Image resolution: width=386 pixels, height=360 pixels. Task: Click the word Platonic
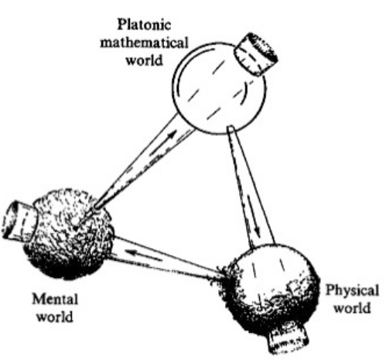point(144,25)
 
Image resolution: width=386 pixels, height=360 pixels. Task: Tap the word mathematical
point(144,43)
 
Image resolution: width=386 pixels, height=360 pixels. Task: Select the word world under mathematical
point(145,60)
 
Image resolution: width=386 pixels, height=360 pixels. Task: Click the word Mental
point(55,300)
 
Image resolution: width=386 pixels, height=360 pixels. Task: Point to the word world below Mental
point(55,317)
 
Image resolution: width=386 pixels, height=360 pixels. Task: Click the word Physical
point(353,291)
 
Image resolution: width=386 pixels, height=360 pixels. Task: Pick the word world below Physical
point(352,308)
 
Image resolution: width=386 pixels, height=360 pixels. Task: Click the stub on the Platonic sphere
point(256,54)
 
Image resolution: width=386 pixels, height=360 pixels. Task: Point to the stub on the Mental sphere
point(19,220)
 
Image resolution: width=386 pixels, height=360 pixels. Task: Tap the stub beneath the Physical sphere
point(289,339)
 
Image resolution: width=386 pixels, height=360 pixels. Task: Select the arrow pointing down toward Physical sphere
point(254,216)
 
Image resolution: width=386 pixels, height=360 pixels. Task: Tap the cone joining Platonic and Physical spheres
point(250,186)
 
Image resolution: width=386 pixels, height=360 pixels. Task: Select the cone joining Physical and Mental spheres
point(165,258)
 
